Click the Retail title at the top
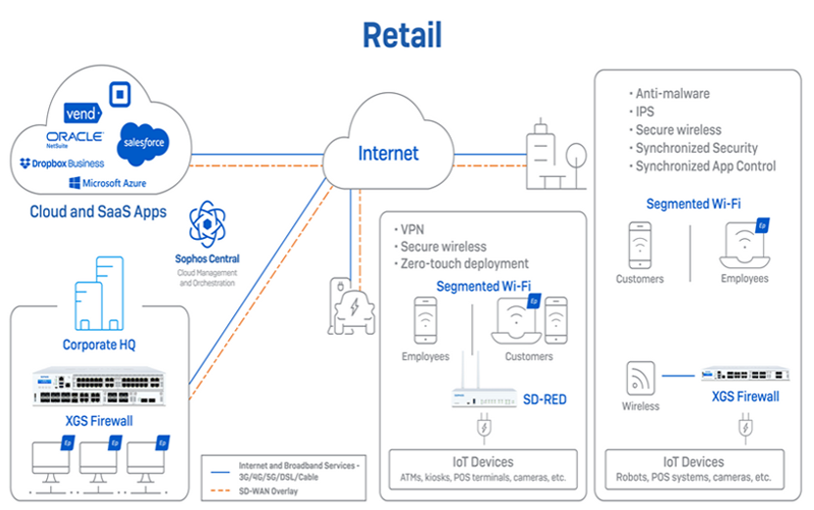[x=402, y=34]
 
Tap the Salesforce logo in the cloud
[x=142, y=143]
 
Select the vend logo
[x=82, y=114]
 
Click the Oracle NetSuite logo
[x=74, y=139]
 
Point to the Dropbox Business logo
[x=61, y=162]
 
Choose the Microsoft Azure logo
[x=108, y=183]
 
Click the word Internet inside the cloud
[x=388, y=154]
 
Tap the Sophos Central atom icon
[x=208, y=225]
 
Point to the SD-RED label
[x=544, y=399]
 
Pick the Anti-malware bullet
[x=672, y=94]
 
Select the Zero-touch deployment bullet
[x=465, y=263]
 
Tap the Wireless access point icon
[x=642, y=376]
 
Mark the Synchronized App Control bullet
[x=705, y=166]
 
